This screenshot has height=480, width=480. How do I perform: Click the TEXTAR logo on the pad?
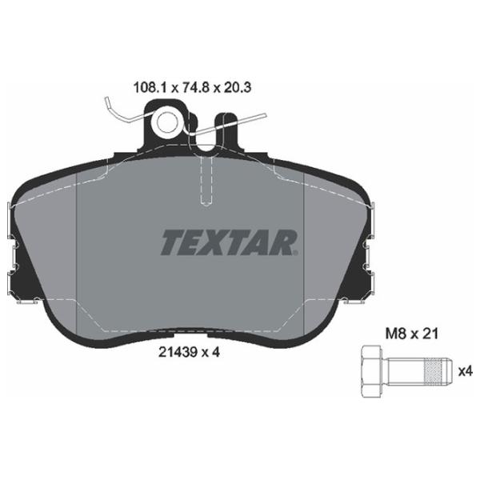[x=229, y=242]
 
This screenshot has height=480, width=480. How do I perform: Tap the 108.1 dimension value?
[x=150, y=88]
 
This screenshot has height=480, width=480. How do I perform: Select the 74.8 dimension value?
[x=195, y=88]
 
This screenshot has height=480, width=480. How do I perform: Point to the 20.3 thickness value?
[x=238, y=88]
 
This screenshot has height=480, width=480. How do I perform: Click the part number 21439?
[x=178, y=352]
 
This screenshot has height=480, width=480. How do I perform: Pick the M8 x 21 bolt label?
[x=412, y=334]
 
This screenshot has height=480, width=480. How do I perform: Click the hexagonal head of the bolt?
[x=371, y=371]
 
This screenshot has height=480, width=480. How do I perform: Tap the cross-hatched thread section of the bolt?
[x=434, y=372]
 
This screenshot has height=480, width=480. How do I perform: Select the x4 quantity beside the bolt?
[x=466, y=372]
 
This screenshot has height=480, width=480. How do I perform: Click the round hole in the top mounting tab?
[x=167, y=122]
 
